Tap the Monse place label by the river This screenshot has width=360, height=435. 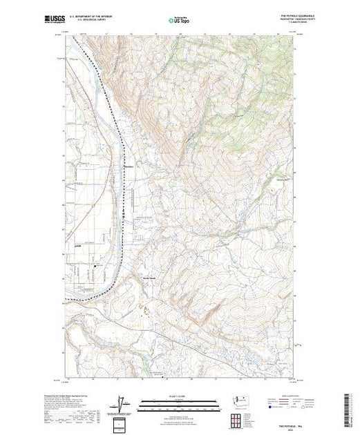(129, 165)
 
